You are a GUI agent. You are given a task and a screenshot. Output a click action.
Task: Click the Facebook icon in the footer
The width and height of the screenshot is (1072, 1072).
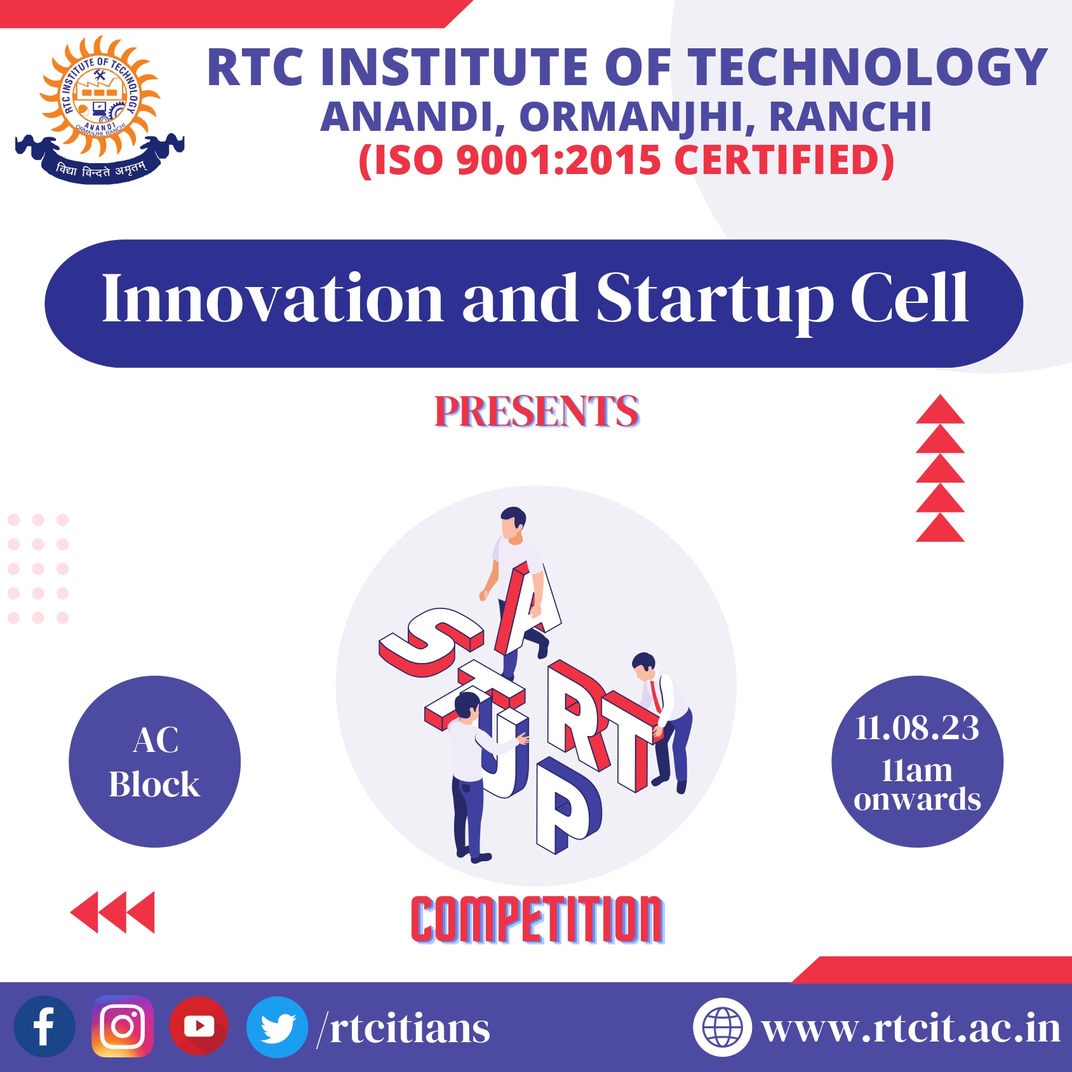click(44, 1026)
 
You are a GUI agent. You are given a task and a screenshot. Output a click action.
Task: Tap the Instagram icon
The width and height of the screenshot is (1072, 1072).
click(123, 1026)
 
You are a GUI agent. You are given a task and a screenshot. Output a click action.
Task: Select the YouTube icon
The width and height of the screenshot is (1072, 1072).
click(199, 1026)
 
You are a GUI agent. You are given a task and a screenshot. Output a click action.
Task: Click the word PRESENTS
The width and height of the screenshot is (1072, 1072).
click(537, 412)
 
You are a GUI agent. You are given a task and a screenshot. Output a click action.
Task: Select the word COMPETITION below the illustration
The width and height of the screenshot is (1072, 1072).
click(537, 919)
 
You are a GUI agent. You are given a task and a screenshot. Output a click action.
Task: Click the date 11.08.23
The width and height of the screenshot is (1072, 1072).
click(917, 728)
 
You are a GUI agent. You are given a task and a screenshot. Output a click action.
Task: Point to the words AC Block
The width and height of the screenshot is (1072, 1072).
click(154, 762)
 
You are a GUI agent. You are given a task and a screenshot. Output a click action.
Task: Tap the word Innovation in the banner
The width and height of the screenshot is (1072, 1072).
click(272, 298)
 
